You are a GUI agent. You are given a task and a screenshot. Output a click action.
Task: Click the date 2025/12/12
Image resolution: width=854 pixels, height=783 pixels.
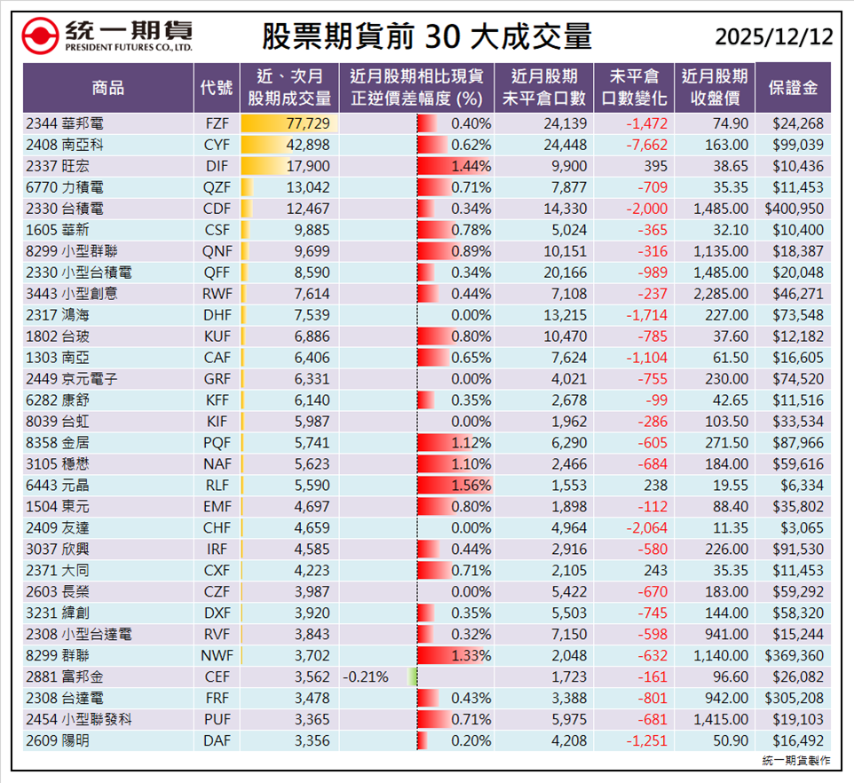click(773, 36)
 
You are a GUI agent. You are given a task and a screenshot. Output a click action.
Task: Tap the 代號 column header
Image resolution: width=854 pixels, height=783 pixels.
click(217, 87)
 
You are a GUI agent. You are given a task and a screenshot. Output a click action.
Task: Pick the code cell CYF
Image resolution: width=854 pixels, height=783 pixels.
click(217, 145)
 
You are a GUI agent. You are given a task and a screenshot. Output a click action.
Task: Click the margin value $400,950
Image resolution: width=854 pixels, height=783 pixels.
click(794, 209)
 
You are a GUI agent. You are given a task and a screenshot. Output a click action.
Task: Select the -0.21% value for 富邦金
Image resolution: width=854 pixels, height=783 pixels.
click(364, 676)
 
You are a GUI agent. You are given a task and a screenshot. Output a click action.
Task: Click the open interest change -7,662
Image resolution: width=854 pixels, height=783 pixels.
click(633, 145)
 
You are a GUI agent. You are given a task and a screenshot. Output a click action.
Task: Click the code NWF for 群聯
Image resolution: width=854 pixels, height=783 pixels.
click(217, 655)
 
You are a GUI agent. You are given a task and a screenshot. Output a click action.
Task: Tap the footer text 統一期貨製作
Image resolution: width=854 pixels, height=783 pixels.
click(796, 761)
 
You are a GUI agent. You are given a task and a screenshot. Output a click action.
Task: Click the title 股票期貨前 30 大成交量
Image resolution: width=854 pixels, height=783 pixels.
click(426, 36)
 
